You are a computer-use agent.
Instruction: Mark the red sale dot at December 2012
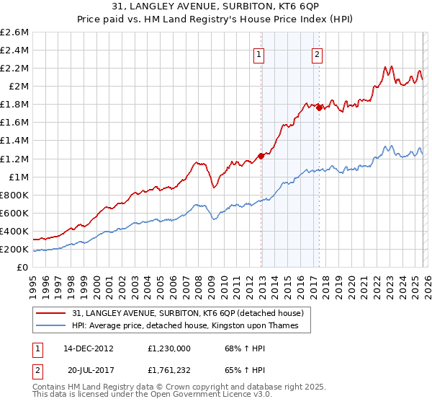pyautogui.click(x=261, y=156)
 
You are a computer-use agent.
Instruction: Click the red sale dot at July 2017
pyautogui.click(x=319, y=107)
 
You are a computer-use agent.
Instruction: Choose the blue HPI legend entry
pyautogui.click(x=191, y=326)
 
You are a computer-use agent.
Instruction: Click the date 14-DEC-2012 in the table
pyautogui.click(x=88, y=349)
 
